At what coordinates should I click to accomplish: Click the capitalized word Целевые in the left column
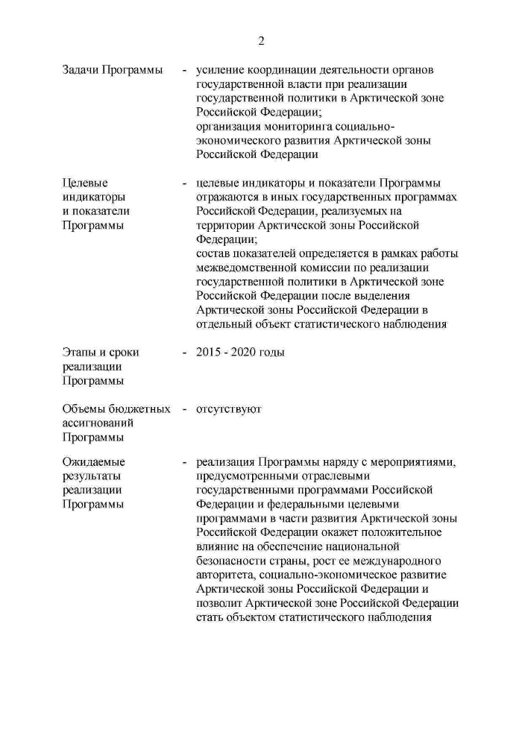coord(84,183)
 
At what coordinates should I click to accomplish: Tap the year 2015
coord(209,353)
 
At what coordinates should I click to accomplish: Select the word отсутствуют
coord(229,409)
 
